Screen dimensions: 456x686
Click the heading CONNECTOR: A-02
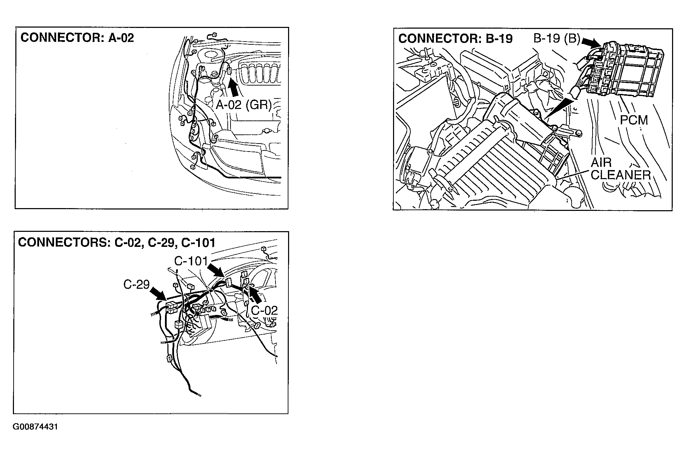point(77,38)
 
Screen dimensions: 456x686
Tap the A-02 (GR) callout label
point(243,104)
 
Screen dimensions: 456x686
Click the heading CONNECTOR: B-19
point(455,38)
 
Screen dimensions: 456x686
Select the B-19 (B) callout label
point(556,38)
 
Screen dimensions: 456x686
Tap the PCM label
point(634,120)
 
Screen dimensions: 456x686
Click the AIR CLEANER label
point(621,169)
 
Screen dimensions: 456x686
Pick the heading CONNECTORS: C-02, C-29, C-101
point(116,242)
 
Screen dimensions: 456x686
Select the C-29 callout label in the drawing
point(136,285)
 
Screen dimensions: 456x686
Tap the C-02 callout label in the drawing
point(264,310)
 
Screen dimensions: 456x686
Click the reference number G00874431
point(35,427)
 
